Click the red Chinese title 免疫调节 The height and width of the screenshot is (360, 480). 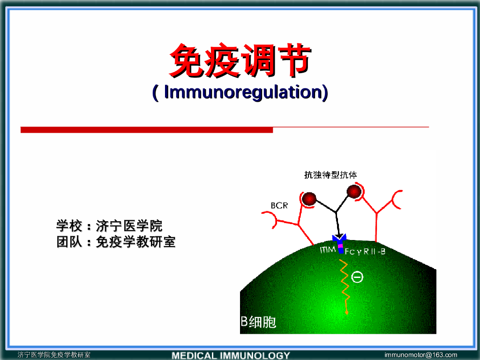point(240,60)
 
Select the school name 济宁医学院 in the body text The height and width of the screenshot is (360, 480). point(129,226)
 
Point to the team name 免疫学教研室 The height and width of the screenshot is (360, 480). point(135,242)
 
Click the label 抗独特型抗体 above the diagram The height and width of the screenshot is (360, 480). point(330,175)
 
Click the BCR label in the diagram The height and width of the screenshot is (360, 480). point(279,205)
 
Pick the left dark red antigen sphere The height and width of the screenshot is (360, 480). point(309,199)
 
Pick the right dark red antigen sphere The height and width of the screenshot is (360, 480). point(353,191)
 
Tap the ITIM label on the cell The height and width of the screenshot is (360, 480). point(328,250)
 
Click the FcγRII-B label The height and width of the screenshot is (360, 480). point(366,252)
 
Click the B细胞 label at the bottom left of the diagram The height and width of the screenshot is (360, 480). point(259,322)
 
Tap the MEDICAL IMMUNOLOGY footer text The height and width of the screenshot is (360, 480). point(231,355)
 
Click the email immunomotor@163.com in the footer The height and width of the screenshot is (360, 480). point(420,355)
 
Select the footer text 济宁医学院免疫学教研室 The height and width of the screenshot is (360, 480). point(54,355)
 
